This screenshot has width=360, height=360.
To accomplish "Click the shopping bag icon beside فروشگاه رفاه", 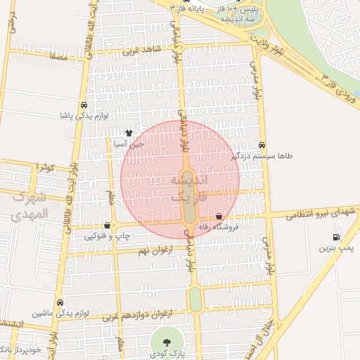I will click(219, 217).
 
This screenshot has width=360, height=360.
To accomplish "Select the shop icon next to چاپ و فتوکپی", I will click(107, 226).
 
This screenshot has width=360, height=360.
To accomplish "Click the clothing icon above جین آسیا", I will click(129, 133).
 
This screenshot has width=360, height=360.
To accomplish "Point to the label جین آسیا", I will click(129, 143).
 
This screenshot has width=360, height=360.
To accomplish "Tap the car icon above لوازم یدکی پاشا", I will click(84, 104).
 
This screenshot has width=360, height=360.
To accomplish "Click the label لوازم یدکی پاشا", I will click(84, 115).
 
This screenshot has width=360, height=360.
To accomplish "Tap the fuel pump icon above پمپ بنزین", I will click(336, 237).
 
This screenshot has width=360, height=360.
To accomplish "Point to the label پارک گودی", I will click(167, 354).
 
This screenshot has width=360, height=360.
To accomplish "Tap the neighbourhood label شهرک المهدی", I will click(31, 205).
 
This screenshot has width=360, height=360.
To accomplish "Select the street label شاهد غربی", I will click(142, 50).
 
